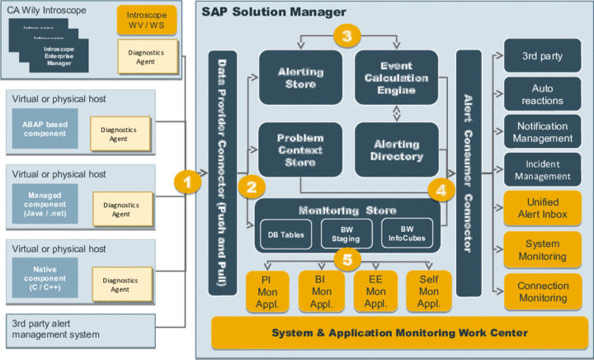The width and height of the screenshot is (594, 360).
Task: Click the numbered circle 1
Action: pos(190,181)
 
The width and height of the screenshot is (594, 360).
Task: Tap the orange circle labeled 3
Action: pos(346,36)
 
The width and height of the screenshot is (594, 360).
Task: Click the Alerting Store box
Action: pos(300,77)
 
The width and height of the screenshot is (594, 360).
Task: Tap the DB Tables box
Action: pos(284,234)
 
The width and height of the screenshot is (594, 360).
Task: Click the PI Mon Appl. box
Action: pos(266,291)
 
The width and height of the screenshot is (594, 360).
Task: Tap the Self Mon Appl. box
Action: pos(428,291)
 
